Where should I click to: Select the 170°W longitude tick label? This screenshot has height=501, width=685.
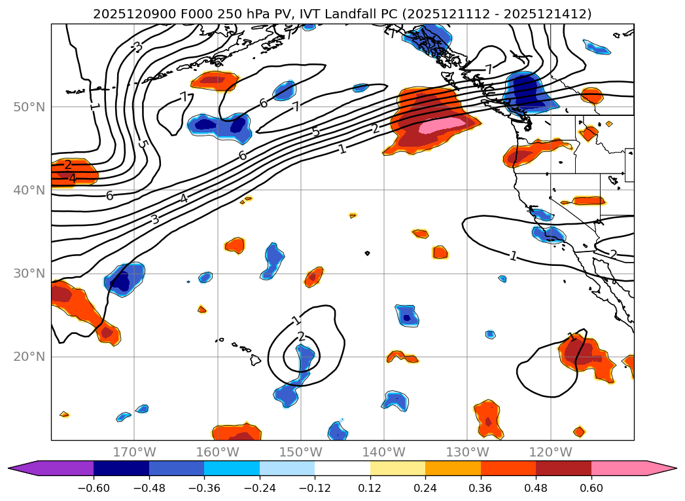click(x=134, y=452)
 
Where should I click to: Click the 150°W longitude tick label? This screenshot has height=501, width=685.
click(x=301, y=452)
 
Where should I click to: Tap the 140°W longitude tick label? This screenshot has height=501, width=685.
click(x=384, y=452)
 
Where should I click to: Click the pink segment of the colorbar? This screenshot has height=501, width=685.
click(x=619, y=468)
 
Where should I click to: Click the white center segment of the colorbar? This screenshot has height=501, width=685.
click(x=342, y=468)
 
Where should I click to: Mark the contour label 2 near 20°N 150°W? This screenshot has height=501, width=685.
click(x=301, y=337)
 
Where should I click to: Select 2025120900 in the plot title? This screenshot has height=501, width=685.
click(x=128, y=14)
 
